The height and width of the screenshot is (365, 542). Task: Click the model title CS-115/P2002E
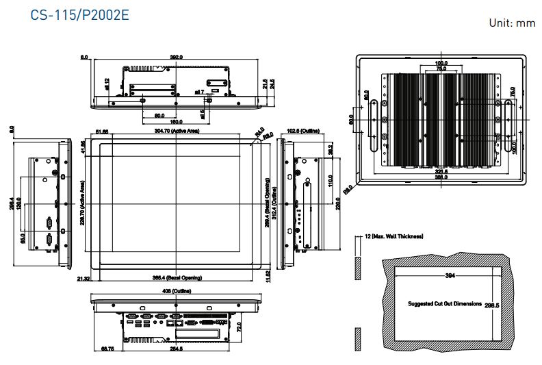click(x=80, y=14)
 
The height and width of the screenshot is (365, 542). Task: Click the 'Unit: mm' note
click(x=511, y=23)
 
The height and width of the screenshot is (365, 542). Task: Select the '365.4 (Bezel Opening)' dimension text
click(x=177, y=277)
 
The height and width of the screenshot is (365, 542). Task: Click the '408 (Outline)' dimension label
click(x=177, y=290)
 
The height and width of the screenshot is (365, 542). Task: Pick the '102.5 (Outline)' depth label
click(x=302, y=130)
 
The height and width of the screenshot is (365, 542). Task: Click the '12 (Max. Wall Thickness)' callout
click(x=393, y=236)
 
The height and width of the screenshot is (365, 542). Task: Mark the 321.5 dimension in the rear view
click(x=441, y=171)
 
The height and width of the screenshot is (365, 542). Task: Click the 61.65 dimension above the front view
click(x=102, y=130)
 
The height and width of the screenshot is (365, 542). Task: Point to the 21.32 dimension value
click(x=83, y=278)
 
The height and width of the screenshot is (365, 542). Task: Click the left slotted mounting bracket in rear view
click(x=374, y=125)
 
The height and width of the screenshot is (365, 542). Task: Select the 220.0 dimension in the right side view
click(x=337, y=203)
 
